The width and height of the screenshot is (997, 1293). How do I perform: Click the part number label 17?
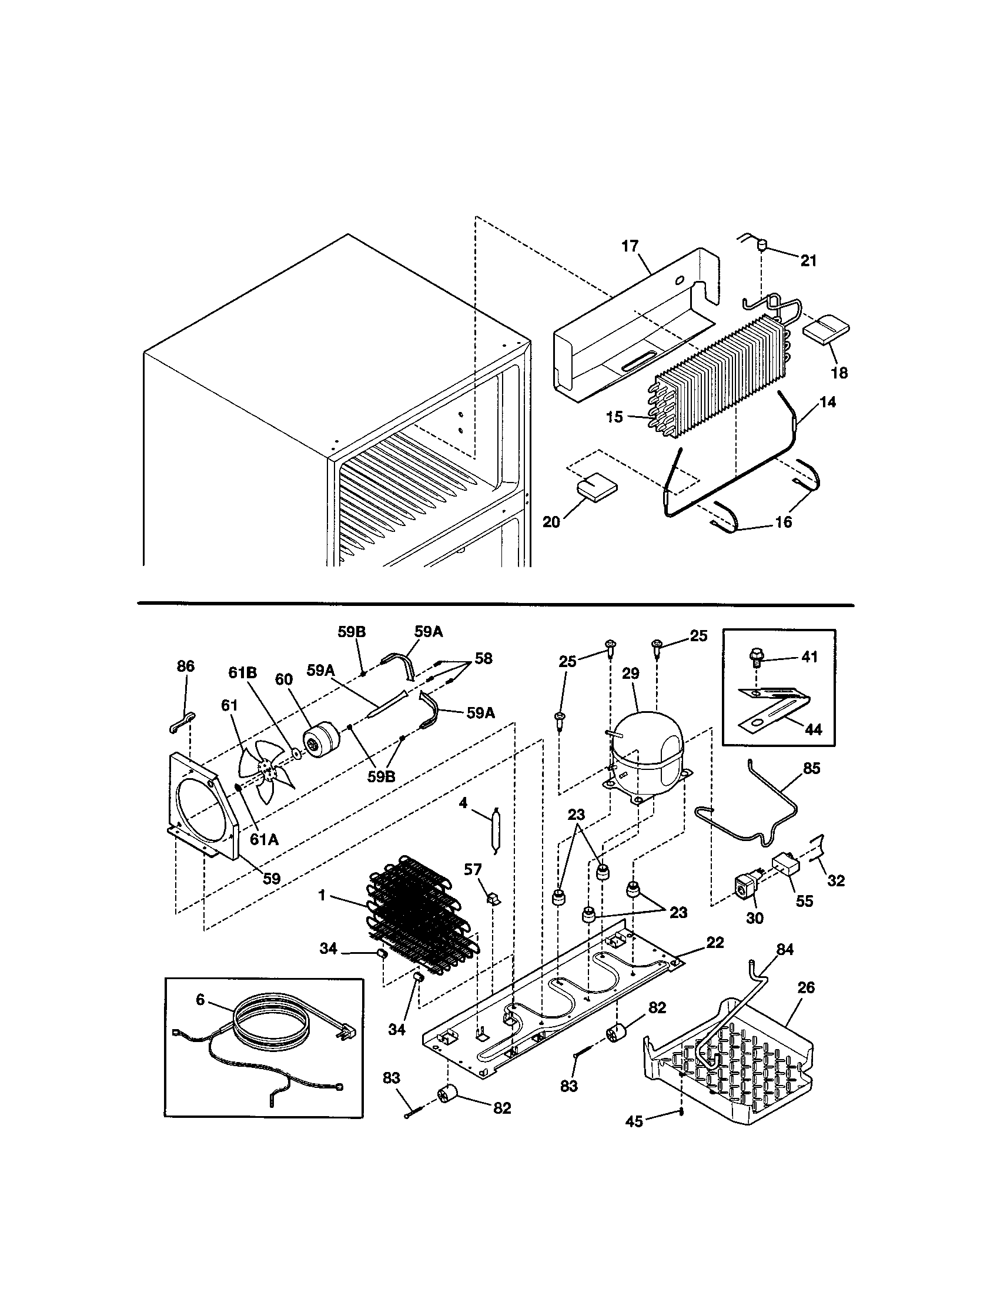[630, 246]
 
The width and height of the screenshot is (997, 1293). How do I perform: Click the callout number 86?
[185, 666]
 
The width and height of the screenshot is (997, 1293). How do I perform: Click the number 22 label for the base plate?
[715, 942]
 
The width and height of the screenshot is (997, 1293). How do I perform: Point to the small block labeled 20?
[595, 487]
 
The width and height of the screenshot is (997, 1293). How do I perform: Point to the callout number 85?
[811, 768]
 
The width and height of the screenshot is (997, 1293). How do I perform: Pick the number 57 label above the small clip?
[473, 870]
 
